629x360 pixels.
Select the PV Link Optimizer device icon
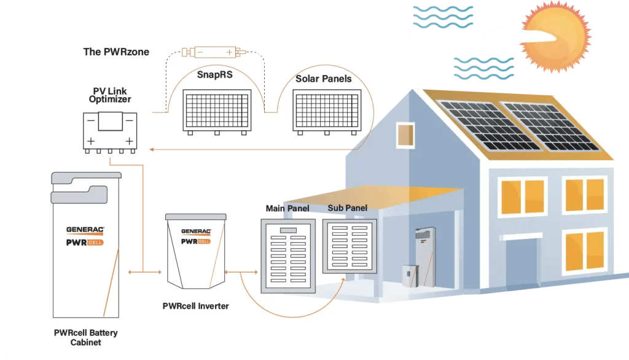click(x=110, y=131)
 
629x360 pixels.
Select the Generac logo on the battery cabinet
click(x=85, y=230)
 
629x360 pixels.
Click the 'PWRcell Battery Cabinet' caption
click(x=85, y=337)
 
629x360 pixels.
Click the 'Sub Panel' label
click(x=347, y=208)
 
